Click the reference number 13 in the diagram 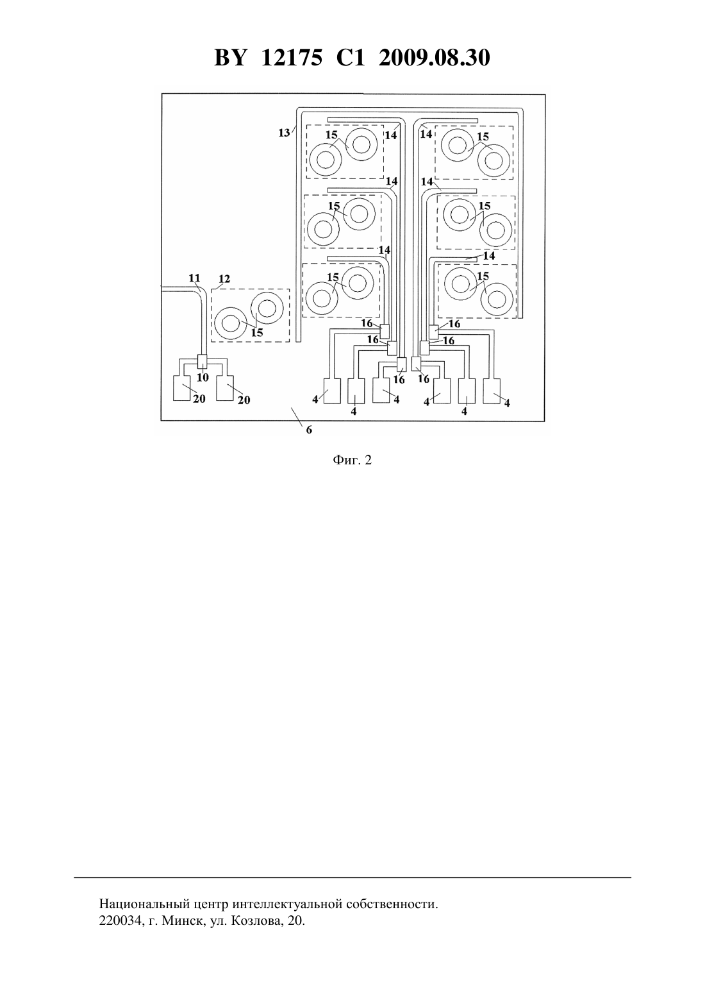pos(284,132)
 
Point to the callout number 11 pos(194,278)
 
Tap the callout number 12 pos(224,279)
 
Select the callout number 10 pos(203,377)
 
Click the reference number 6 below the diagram pos(309,430)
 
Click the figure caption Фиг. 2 pos(352,461)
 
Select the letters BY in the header pos(230,58)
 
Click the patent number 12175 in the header pos(292,58)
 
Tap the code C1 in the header pos(351,58)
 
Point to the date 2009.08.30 pos(435,58)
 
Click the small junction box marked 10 pos(202,361)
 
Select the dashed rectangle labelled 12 pos(250,316)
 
